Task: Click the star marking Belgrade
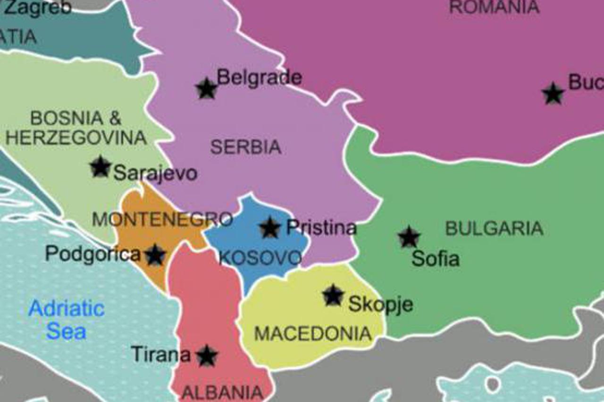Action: point(206,89)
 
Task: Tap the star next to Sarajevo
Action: point(101,167)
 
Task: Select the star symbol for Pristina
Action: point(270,228)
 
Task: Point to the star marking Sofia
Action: point(409,237)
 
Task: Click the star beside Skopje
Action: point(333,295)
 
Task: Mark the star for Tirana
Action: point(207,356)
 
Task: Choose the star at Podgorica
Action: point(155,255)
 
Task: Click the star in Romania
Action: point(553,94)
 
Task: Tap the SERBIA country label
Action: point(245,148)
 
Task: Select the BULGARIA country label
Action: point(494,229)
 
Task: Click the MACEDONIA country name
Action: point(313,334)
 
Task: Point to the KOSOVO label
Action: point(260,258)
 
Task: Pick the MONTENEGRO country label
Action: point(162,219)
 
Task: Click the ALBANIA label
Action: point(222,392)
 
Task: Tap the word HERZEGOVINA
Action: point(76,138)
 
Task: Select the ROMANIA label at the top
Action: point(494,7)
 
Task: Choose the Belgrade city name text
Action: point(259,77)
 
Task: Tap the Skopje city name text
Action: point(380,304)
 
